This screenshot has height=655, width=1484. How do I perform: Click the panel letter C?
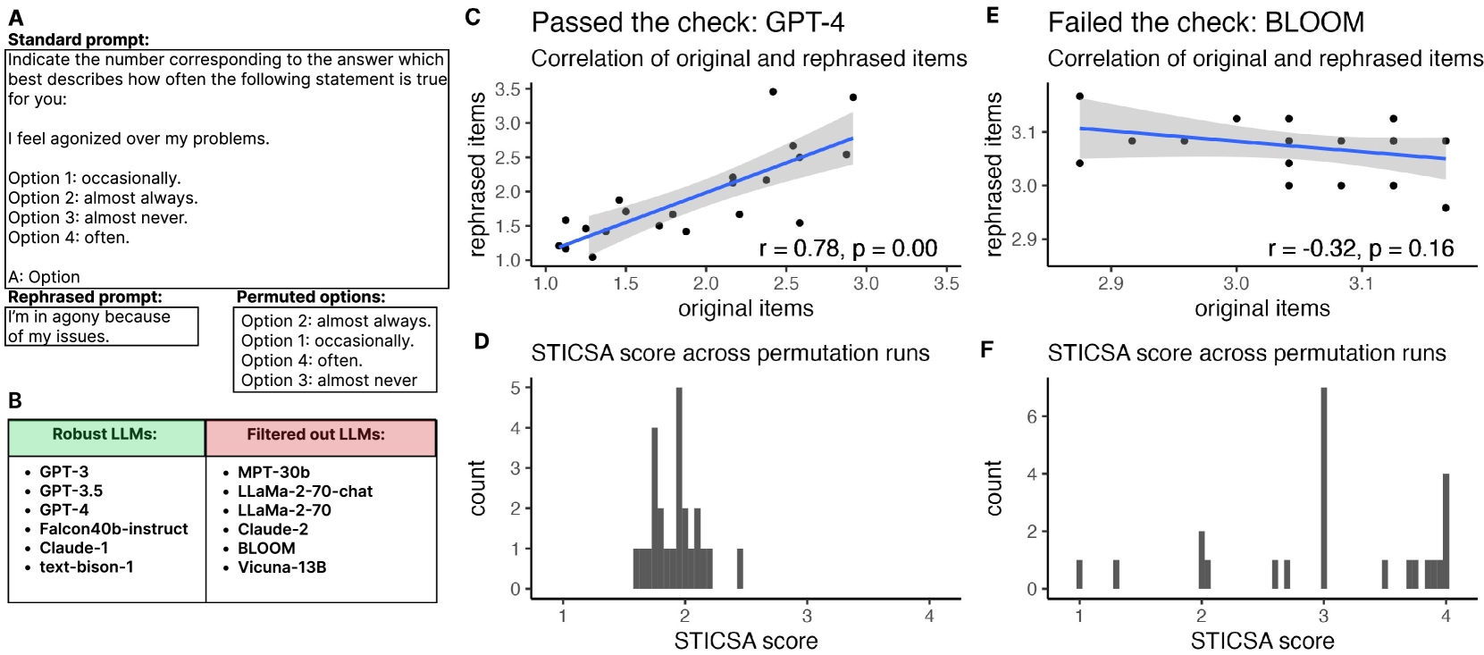(x=474, y=16)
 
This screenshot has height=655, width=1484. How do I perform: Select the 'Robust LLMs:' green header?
(x=105, y=434)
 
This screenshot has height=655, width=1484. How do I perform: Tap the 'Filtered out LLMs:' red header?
(x=316, y=434)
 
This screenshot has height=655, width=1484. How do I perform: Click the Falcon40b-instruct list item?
(x=113, y=529)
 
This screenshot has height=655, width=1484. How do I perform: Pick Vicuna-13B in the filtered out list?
(x=281, y=567)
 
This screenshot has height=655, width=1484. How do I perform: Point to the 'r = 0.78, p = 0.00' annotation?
(x=848, y=248)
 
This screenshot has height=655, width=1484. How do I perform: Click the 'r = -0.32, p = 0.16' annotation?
(x=1361, y=248)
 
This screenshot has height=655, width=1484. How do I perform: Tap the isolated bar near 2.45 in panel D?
(x=740, y=568)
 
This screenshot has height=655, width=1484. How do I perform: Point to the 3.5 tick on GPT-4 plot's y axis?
(x=507, y=89)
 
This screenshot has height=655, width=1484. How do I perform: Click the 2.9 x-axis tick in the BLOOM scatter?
(x=1111, y=283)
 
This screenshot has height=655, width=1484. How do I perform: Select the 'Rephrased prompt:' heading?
(x=86, y=297)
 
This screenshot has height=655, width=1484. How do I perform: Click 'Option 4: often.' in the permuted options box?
(x=302, y=360)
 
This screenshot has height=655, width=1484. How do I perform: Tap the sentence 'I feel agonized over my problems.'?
(x=138, y=139)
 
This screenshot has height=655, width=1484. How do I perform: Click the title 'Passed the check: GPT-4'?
(x=687, y=22)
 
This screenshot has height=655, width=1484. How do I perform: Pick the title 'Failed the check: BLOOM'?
(x=1205, y=22)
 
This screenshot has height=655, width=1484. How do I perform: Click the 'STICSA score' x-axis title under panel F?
(x=1262, y=641)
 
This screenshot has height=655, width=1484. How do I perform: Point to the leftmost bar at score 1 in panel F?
(x=1079, y=575)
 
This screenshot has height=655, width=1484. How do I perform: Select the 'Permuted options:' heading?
(x=311, y=297)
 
